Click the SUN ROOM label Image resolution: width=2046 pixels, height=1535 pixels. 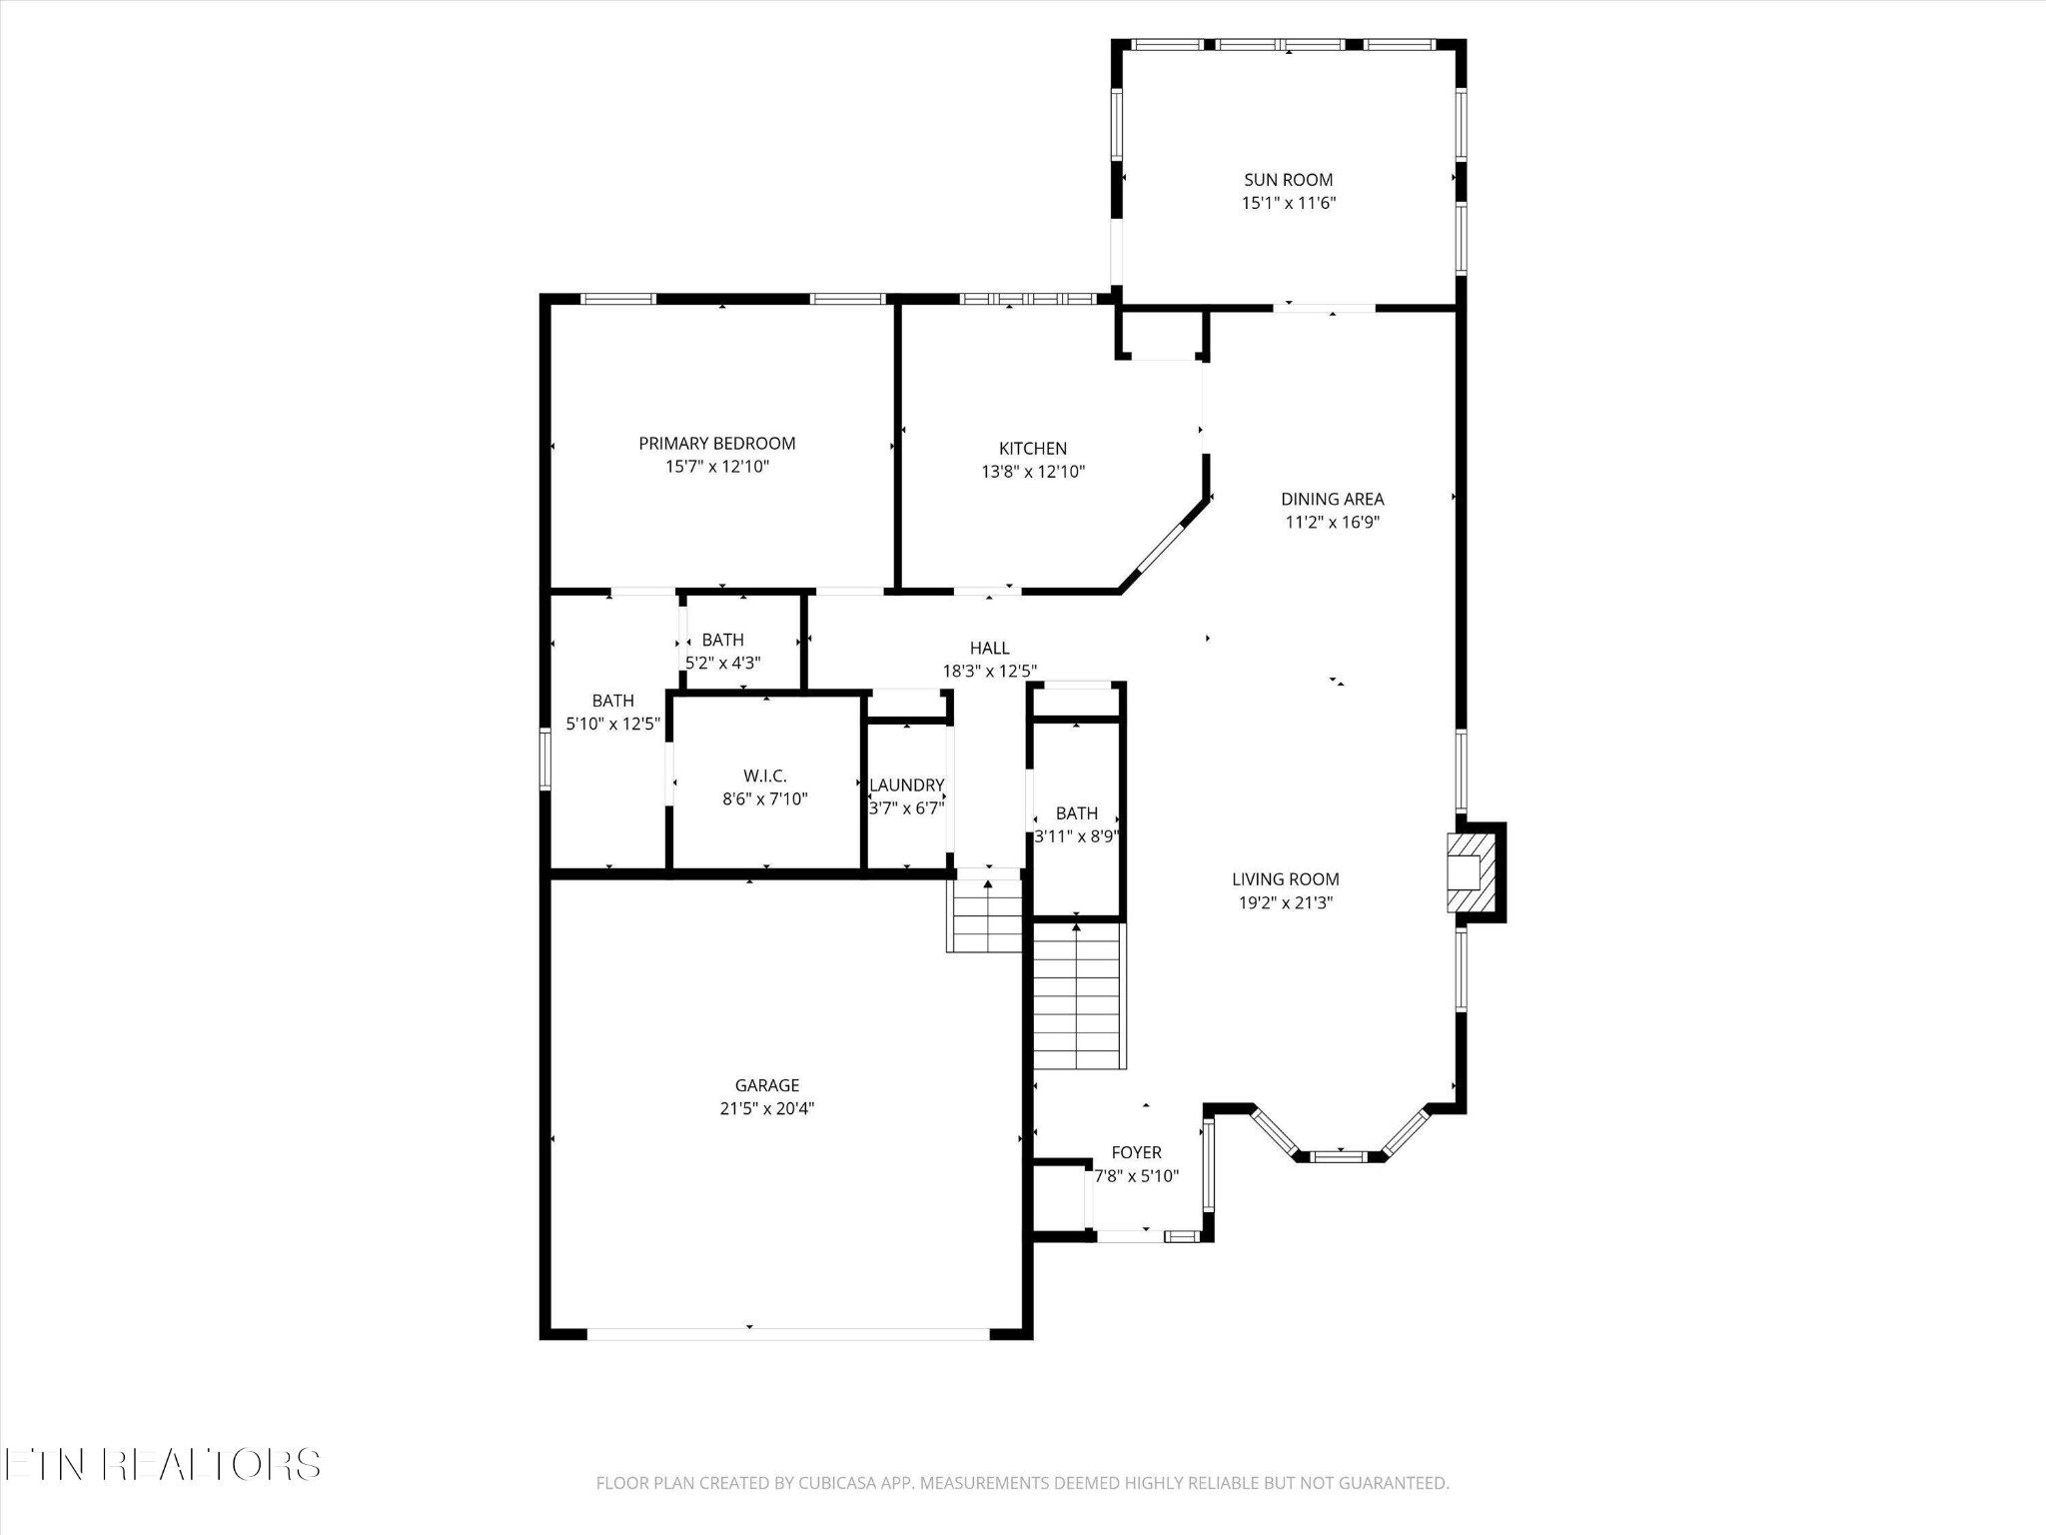point(1288,180)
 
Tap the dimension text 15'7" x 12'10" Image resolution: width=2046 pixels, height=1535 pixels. point(717,467)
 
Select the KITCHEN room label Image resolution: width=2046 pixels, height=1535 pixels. point(1033,449)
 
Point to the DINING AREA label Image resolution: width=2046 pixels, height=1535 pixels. point(1332,499)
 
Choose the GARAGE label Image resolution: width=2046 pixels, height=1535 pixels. point(767,1085)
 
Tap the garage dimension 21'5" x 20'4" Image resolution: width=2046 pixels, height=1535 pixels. point(767,1108)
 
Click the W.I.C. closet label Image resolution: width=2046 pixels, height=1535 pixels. point(765,776)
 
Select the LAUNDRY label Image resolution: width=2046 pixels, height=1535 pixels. point(906,785)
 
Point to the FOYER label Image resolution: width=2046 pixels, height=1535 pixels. point(1136,1153)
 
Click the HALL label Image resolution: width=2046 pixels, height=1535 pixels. point(989,649)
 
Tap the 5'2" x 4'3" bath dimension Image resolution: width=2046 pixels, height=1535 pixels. point(722,663)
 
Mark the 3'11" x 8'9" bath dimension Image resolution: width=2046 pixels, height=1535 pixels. point(1076,836)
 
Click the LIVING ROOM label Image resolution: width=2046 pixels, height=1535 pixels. point(1285,879)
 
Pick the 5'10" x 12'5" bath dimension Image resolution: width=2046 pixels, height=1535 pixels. point(612,724)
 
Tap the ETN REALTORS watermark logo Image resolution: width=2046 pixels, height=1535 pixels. point(162,1464)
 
